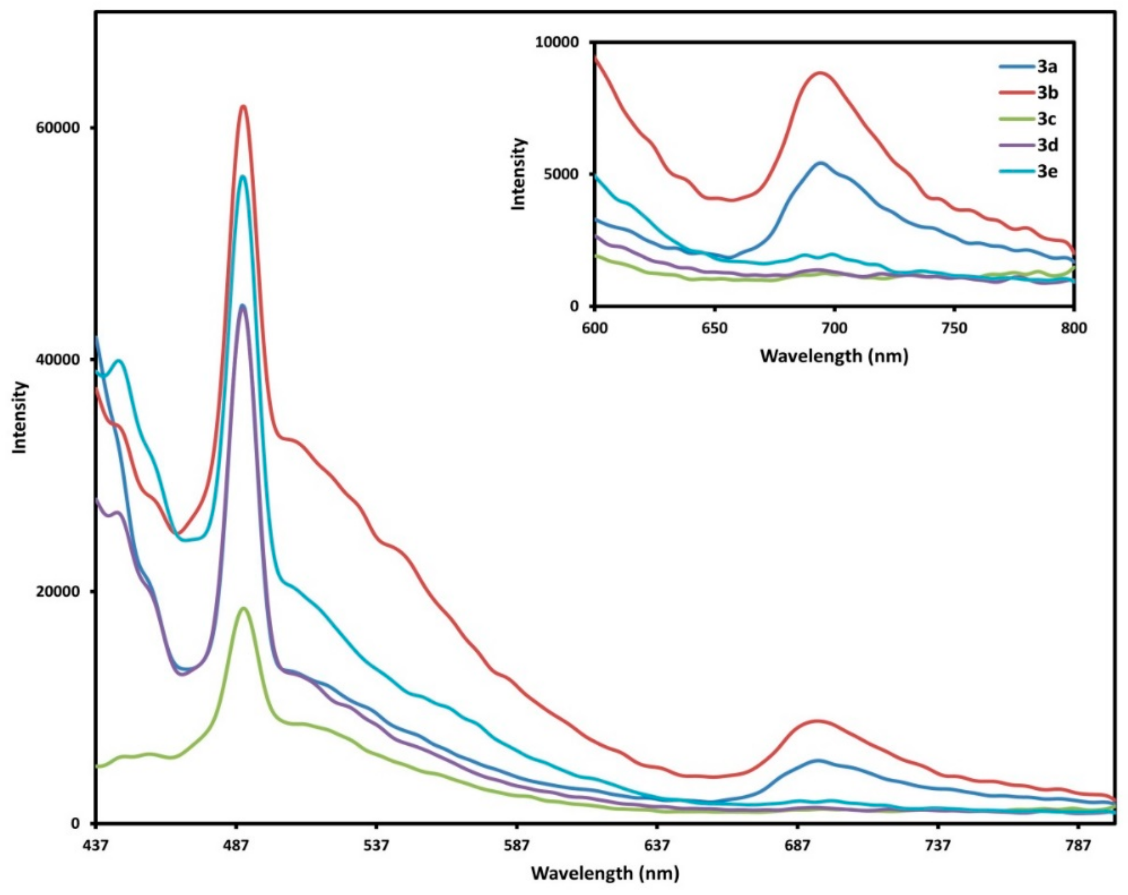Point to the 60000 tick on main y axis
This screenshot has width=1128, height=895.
pos(57,128)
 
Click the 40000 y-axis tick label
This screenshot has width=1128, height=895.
pos(57,360)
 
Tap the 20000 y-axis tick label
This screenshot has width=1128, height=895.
pos(57,591)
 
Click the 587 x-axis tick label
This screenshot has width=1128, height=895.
pos(517,846)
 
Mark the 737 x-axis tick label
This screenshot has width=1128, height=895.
pos(938,846)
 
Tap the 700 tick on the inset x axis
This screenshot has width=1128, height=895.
pos(834,329)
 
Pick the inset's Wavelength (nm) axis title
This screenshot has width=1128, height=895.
pos(834,356)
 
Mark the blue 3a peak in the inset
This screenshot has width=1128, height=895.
pos(820,163)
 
